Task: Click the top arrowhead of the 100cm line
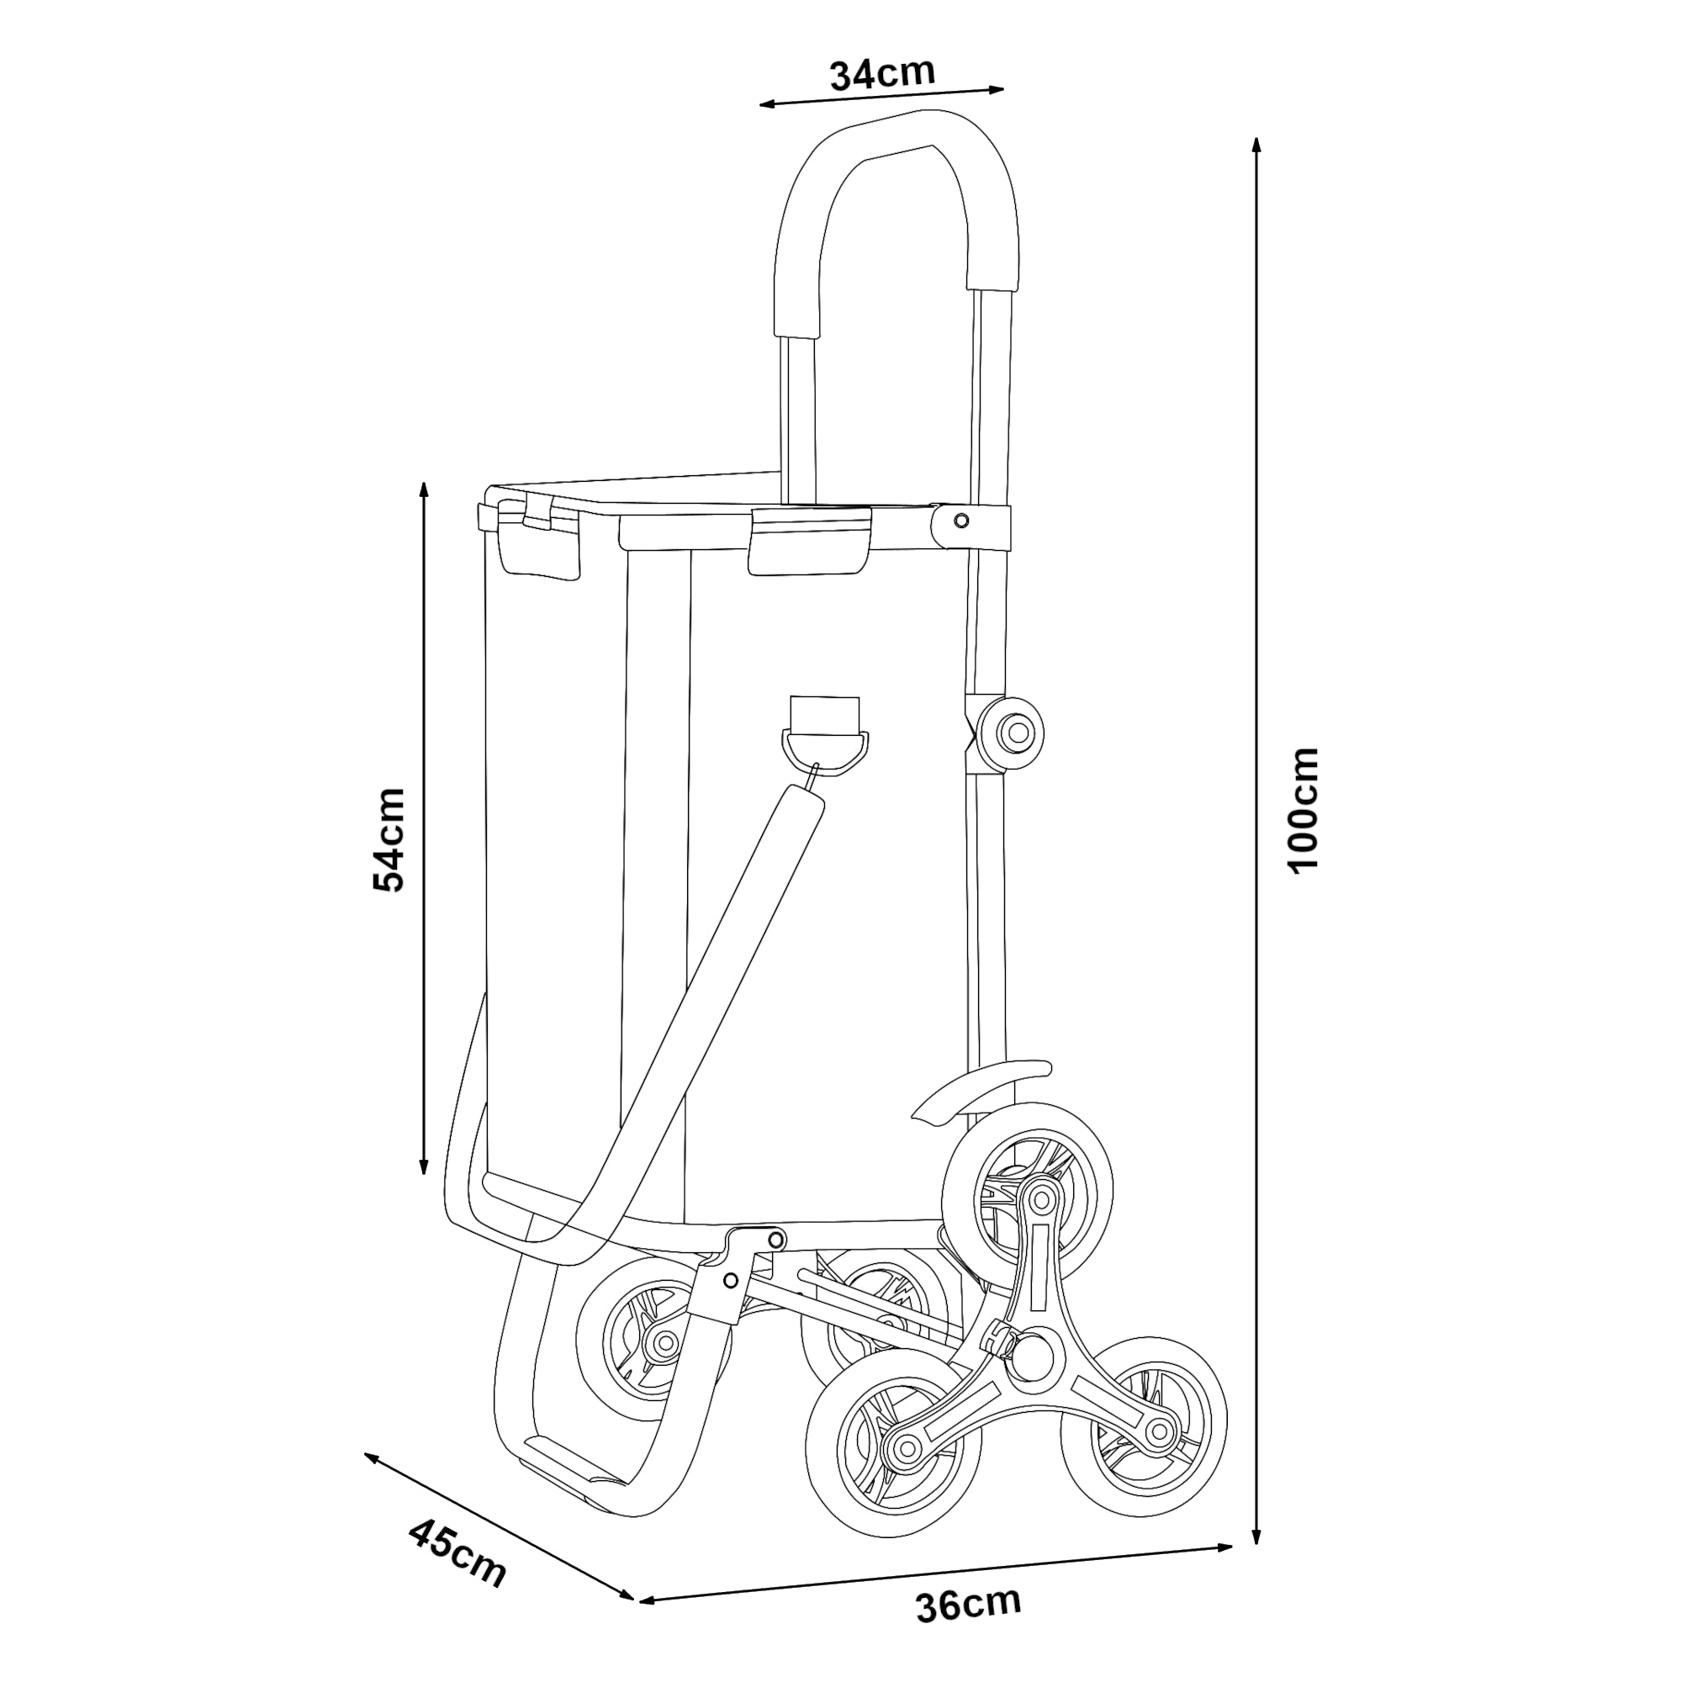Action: (x=1256, y=145)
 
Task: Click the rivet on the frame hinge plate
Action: (x=961, y=521)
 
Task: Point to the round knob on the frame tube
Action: (x=1013, y=733)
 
